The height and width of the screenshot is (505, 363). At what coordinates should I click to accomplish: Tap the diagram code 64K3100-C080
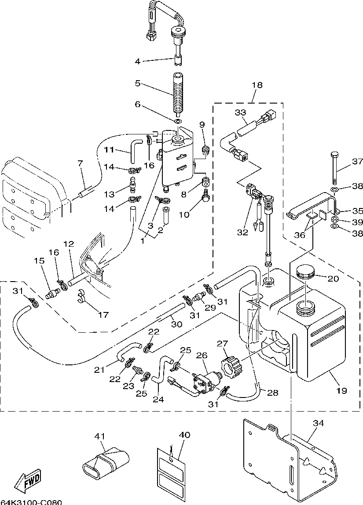pyautogui.click(x=31, y=502)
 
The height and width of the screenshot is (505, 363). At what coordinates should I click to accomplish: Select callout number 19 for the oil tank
pyautogui.click(x=342, y=391)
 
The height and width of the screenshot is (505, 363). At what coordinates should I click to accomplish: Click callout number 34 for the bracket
pyautogui.click(x=318, y=423)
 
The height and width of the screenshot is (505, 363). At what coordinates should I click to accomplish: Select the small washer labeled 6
pyautogui.click(x=178, y=122)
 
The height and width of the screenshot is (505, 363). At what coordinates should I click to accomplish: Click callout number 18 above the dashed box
pyautogui.click(x=257, y=85)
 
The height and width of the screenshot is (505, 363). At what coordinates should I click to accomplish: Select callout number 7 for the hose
pyautogui.click(x=80, y=163)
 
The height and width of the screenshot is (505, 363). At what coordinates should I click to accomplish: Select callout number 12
pyautogui.click(x=69, y=244)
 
